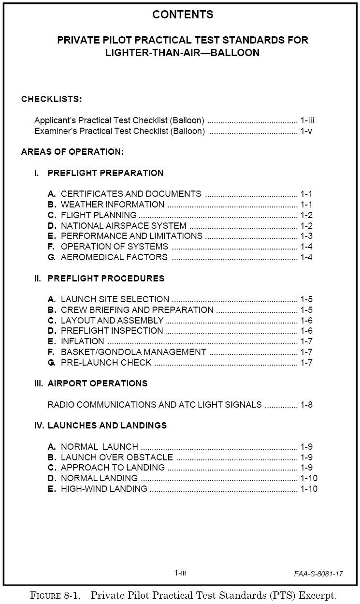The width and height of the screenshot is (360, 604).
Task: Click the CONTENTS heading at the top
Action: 183,15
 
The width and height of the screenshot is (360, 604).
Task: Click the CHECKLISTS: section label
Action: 51,99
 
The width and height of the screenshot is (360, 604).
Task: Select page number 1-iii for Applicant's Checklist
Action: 307,120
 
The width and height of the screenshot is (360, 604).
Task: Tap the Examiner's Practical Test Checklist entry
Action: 120,131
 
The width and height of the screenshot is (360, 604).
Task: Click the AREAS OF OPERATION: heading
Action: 72,152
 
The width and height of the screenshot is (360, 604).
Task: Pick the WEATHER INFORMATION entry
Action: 113,205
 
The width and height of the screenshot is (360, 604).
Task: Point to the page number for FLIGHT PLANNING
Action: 306,215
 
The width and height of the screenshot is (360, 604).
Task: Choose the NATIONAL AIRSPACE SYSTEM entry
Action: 123,226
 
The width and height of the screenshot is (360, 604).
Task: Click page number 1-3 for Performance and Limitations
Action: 306,236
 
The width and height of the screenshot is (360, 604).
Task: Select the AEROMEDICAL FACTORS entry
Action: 114,257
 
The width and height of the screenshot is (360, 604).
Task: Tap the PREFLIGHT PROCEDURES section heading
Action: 106,279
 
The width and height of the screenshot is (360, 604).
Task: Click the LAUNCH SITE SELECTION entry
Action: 115,299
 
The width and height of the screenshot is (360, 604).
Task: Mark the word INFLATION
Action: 82,341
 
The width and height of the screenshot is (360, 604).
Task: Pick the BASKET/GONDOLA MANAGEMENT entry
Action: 133,352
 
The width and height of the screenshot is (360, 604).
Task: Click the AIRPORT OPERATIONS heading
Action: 97,383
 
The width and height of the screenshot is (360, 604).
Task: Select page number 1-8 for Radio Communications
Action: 306,405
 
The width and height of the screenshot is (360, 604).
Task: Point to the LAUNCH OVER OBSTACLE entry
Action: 116,457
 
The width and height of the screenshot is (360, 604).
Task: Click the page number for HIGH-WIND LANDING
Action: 309,489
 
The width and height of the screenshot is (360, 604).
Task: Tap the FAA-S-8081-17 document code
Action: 318,574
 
